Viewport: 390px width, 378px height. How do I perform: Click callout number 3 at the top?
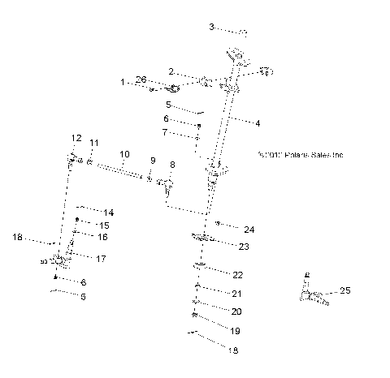tap(212, 27)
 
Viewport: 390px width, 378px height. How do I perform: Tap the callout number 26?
tap(141, 79)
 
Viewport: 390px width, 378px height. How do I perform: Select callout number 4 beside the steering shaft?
tap(257, 123)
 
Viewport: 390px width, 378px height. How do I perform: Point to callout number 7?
tap(165, 131)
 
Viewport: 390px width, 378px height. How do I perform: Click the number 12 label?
tap(76, 137)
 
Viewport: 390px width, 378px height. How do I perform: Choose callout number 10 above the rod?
tap(124, 153)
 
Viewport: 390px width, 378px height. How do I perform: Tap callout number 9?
tap(152, 160)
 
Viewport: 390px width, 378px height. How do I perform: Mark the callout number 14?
tap(108, 212)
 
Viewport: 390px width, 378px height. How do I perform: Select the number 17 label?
tap(102, 259)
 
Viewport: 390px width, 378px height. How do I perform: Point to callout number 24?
tap(249, 229)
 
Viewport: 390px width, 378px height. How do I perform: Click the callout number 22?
tap(237, 275)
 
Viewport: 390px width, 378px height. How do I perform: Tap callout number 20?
tap(236, 311)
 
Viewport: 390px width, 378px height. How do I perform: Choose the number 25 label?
tap(344, 290)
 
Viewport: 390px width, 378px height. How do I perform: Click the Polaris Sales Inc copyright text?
tap(299, 154)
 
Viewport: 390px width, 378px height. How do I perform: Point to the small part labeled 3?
tap(242, 32)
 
